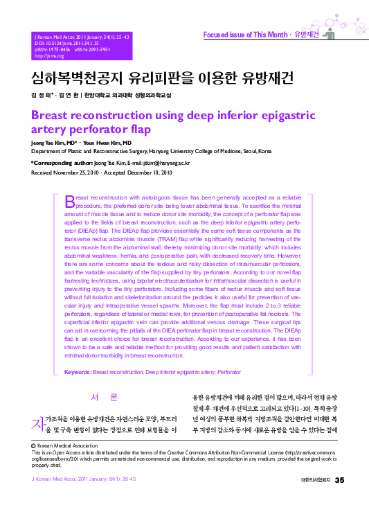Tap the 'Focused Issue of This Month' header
pyautogui.click(x=245, y=34)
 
